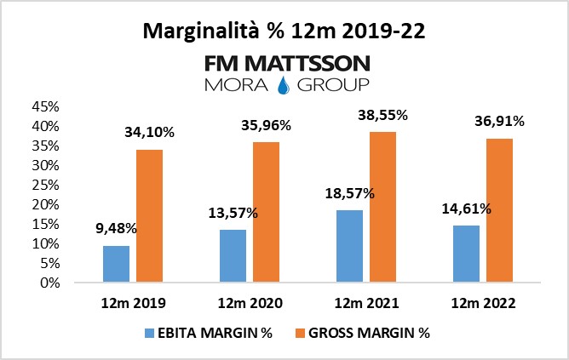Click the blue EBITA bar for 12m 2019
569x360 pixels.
pyautogui.click(x=116, y=264)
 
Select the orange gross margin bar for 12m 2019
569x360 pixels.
pyautogui.click(x=149, y=216)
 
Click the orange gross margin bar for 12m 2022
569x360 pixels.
pyautogui.click(x=500, y=210)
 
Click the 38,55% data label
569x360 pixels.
pyautogui.click(x=384, y=114)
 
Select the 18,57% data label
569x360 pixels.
pyautogui.click(x=348, y=193)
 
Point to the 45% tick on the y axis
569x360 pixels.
pyautogui.click(x=44, y=106)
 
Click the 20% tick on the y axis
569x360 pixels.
pyautogui.click(x=44, y=204)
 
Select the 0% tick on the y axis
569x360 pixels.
pyautogui.click(x=48, y=283)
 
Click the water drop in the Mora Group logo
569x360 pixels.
pyautogui.click(x=284, y=84)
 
